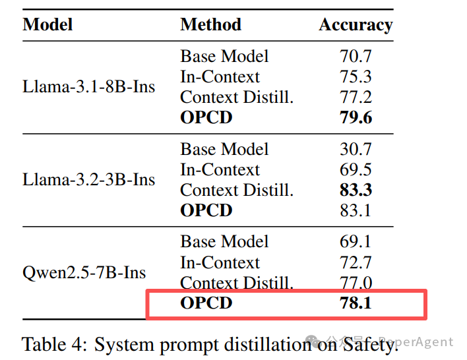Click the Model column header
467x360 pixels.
point(47,25)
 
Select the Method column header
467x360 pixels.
point(210,25)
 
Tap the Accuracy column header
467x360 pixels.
point(356,25)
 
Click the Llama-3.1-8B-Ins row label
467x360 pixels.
point(89,86)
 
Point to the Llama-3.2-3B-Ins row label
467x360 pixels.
point(89,180)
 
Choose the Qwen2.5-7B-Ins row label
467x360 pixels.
point(84,273)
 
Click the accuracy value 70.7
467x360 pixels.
point(356,57)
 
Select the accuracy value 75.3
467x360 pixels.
point(356,77)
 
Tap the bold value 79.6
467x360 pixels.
point(356,118)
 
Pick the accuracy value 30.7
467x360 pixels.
point(356,150)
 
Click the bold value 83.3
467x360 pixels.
point(356,191)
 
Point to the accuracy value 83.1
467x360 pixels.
point(356,211)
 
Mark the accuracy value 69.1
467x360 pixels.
point(356,242)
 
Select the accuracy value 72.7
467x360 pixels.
point(356,263)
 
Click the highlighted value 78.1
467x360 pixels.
point(356,304)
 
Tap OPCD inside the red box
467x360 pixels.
point(206,304)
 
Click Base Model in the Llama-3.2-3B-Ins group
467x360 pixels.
point(224,150)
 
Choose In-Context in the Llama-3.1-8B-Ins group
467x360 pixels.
point(220,77)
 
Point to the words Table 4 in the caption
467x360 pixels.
point(53,344)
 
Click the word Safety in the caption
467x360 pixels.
point(372,344)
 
